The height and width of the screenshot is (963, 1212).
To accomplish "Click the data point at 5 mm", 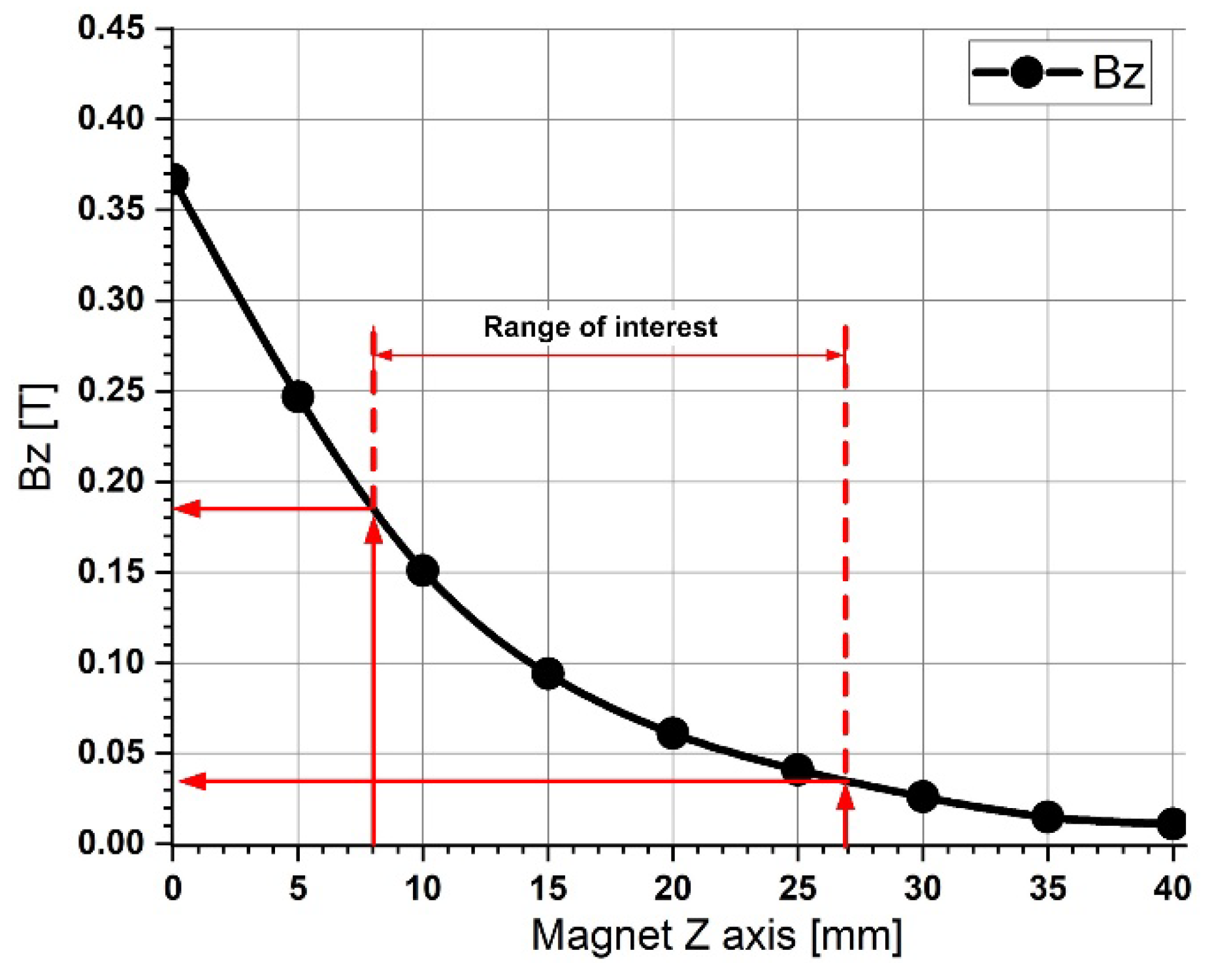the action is (x=298, y=397).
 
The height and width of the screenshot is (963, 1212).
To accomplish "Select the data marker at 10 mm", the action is (x=423, y=571).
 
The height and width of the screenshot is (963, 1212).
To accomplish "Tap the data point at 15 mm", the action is (x=548, y=673).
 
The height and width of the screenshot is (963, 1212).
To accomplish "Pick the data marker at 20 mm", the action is (x=672, y=733).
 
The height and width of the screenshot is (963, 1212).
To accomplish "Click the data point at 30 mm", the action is (x=923, y=796).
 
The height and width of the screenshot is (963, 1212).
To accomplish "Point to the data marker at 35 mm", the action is (x=1047, y=817).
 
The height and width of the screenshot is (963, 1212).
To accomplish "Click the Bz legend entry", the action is (x=1059, y=72).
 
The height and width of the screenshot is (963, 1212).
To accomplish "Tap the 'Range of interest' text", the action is (x=600, y=326).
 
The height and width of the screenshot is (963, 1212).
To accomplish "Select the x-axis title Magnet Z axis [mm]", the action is (x=716, y=935).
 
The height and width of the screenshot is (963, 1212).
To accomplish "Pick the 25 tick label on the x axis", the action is (x=797, y=888).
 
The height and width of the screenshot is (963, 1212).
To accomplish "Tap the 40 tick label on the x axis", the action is (x=1172, y=888).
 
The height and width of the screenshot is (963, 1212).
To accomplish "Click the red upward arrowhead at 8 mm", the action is (x=373, y=532).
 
